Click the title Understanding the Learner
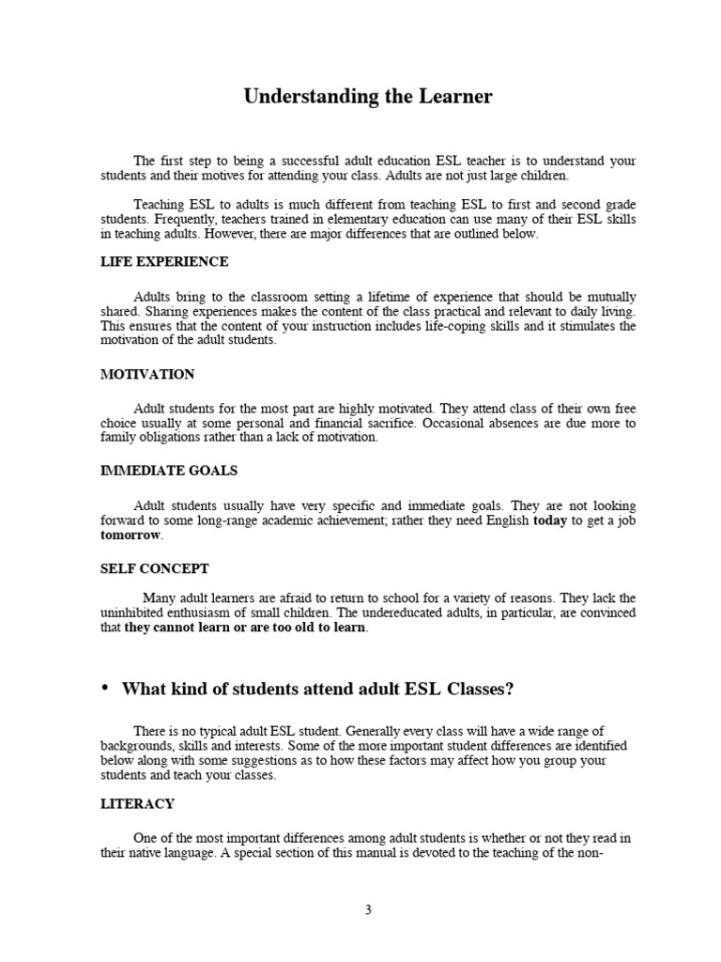(x=368, y=97)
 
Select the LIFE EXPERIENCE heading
(x=164, y=261)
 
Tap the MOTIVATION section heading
(x=147, y=374)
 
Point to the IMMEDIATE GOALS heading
(x=168, y=470)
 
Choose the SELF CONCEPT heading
(x=155, y=568)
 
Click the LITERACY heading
(x=137, y=804)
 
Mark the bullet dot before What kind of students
(x=105, y=689)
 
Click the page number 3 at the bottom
(x=368, y=909)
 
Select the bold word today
(x=550, y=520)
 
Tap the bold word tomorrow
(x=130, y=535)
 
